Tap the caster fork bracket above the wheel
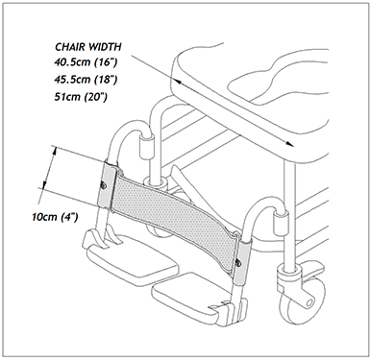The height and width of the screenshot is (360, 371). pos(288,277)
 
